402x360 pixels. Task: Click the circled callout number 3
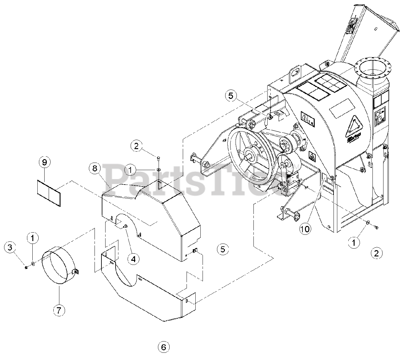[10, 248]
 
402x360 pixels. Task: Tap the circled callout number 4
[133, 259]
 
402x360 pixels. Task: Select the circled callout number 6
[163, 347]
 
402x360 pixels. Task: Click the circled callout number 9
[44, 162]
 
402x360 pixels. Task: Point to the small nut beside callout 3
[26, 267]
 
